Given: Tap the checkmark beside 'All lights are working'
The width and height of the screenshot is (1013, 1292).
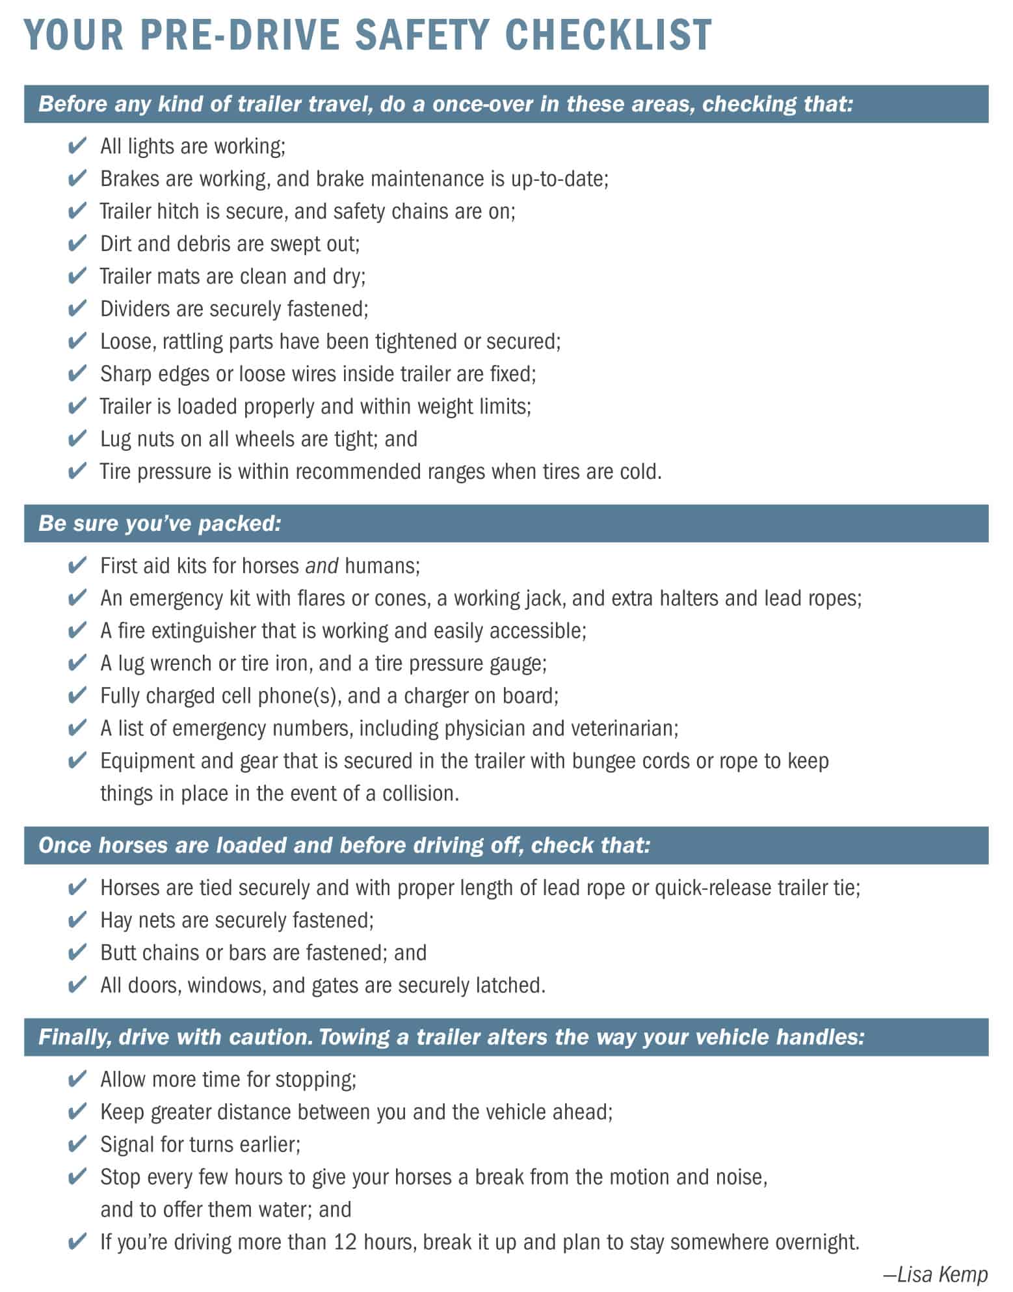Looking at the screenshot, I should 77,146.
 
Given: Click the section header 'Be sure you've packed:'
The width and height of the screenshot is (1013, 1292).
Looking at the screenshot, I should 160,523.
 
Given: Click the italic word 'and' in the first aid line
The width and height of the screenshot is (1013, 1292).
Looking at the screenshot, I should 321,566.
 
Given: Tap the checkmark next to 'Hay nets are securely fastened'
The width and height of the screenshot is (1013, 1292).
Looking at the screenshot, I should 77,920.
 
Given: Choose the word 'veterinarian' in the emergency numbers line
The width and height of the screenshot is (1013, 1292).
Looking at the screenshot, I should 624,728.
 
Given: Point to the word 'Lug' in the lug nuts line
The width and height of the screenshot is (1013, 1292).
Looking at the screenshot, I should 116,440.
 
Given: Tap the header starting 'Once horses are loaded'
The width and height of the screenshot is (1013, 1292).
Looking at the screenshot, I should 344,845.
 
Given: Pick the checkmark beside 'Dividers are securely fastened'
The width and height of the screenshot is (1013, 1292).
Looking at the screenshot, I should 77,308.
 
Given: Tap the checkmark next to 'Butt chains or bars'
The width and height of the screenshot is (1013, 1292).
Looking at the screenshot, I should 77,952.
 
